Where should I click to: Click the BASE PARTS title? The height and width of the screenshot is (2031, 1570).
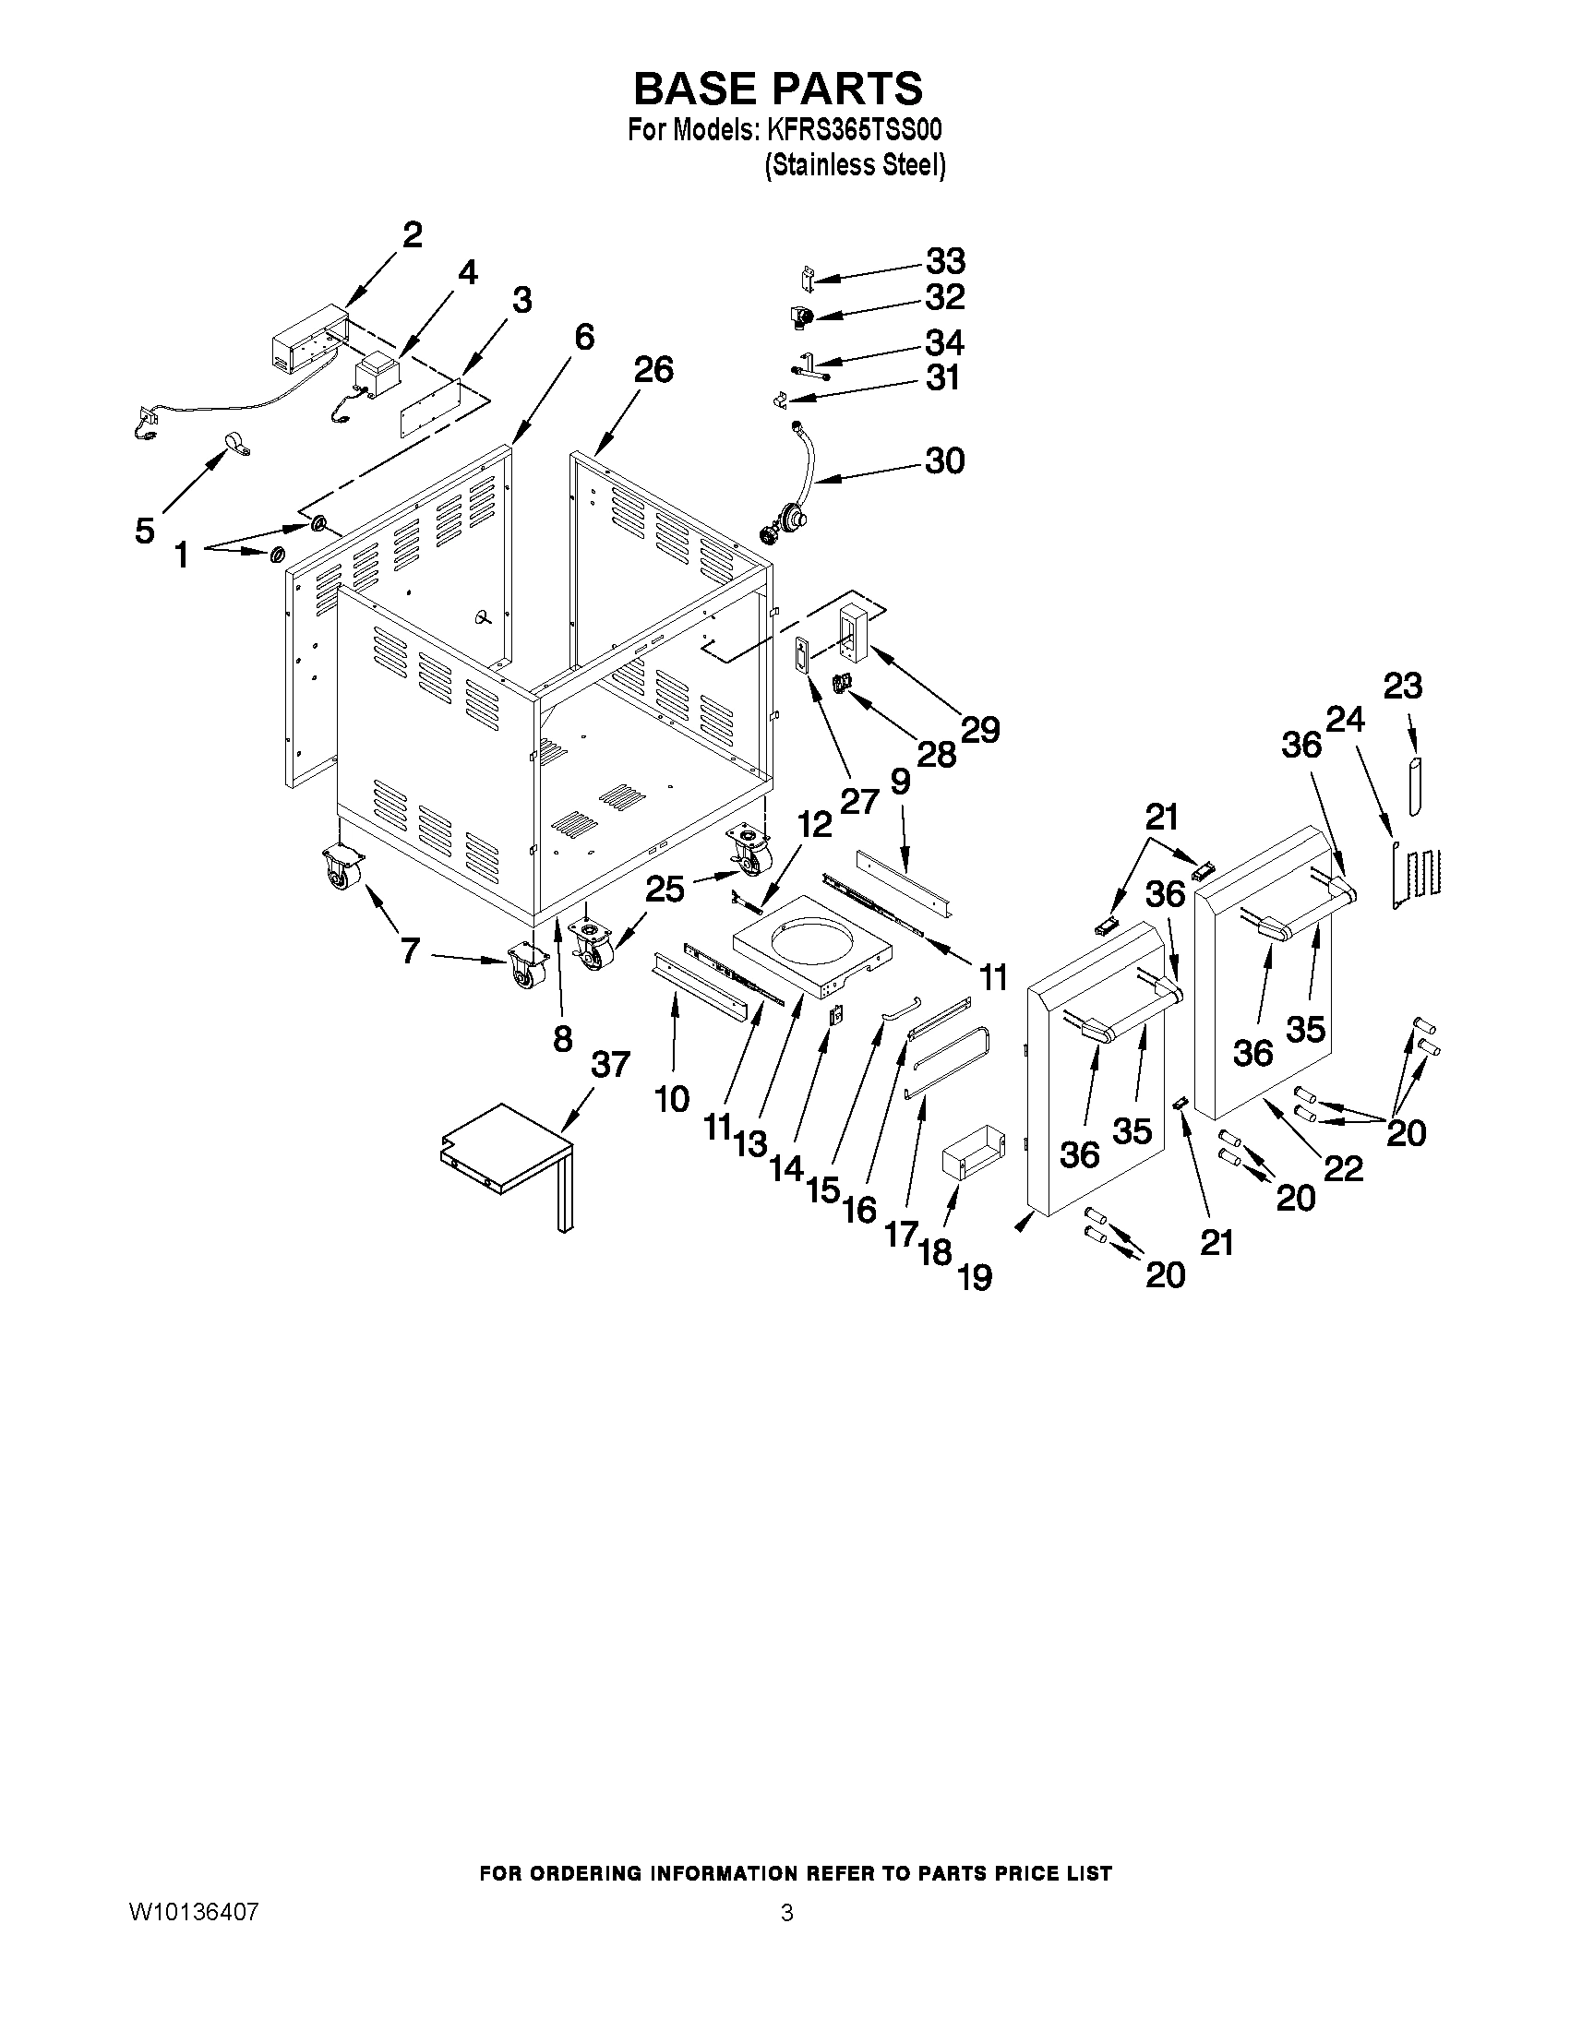[x=777, y=89]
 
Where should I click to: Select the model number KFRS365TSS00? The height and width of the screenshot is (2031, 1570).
[x=853, y=129]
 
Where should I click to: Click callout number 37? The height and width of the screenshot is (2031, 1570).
[x=610, y=1064]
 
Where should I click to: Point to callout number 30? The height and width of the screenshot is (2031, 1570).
[x=944, y=460]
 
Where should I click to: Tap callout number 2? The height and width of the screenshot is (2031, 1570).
[x=412, y=233]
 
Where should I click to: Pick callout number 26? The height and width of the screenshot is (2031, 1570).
[x=653, y=370]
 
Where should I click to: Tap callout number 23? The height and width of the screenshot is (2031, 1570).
[x=1403, y=687]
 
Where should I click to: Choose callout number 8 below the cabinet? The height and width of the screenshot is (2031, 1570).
[x=562, y=1037]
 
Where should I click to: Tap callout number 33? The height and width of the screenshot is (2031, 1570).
[x=944, y=261]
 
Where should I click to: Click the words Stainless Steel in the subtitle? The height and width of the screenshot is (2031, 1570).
[x=854, y=165]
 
